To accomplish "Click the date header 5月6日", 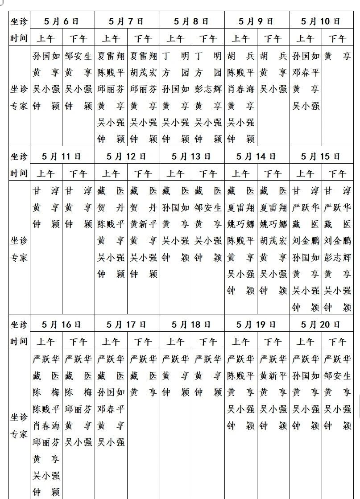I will (x=62, y=21).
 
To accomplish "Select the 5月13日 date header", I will (x=192, y=157).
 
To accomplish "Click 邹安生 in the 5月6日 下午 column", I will (x=79, y=56).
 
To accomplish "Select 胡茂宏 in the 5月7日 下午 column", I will (x=143, y=73).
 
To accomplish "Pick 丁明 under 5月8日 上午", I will (x=176, y=56).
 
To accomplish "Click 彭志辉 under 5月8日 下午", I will (x=208, y=89).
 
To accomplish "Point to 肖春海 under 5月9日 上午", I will (x=240, y=89).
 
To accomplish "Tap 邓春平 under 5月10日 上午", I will (x=306, y=73).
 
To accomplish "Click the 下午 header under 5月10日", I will (x=338, y=39).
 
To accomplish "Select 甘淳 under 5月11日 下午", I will (x=79, y=191).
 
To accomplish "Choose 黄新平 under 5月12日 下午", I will (x=143, y=224).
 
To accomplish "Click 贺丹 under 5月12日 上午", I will (x=111, y=208).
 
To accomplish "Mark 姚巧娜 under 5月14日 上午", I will (x=240, y=224).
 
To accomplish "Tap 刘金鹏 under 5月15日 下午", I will (x=338, y=241).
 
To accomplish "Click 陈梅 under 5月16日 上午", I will (x=46, y=393).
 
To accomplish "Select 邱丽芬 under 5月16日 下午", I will (x=79, y=409).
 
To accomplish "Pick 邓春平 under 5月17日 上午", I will (x=111, y=409).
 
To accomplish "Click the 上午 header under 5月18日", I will (x=176, y=342).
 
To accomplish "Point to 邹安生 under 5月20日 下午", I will (x=338, y=376).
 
